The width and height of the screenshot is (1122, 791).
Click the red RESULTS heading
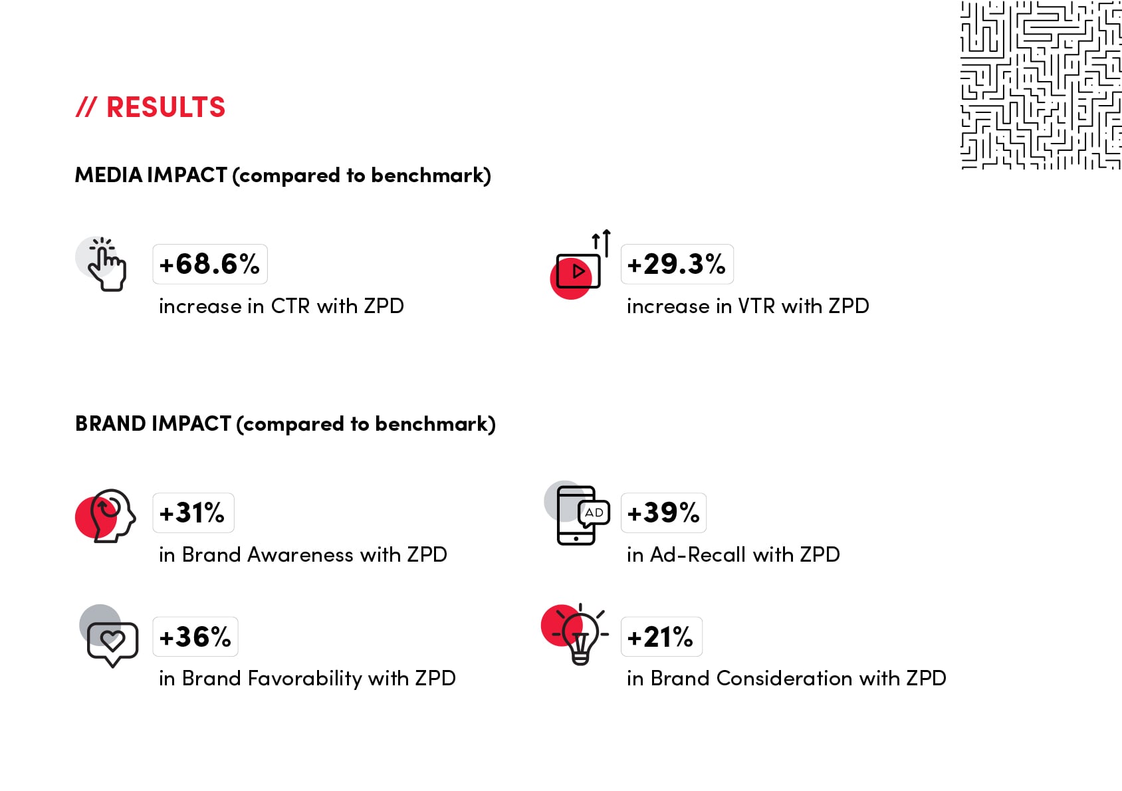(x=150, y=107)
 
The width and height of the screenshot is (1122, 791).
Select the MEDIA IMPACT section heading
(x=283, y=175)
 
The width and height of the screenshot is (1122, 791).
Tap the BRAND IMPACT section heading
(x=286, y=424)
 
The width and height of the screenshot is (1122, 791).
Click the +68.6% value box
(x=210, y=264)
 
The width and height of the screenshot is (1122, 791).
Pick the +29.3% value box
(x=677, y=264)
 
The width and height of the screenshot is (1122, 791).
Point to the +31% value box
(x=193, y=512)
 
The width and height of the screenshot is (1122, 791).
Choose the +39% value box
(x=663, y=512)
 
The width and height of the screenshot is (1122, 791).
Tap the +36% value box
(x=195, y=637)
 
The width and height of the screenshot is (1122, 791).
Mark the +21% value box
(x=661, y=637)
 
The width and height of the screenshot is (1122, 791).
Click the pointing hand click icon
(x=107, y=265)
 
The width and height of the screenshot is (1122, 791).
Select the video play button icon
(x=578, y=271)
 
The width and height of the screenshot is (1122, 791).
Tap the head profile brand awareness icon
(x=113, y=515)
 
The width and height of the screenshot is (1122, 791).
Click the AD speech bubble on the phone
(x=594, y=513)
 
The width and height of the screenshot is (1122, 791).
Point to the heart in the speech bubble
(x=112, y=640)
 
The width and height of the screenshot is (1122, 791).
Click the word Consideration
(x=784, y=678)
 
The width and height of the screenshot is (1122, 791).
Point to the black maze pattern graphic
(x=1041, y=85)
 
